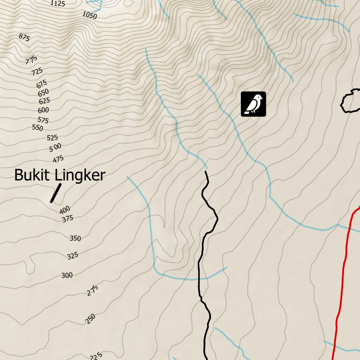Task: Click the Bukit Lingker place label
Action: (x=60, y=175)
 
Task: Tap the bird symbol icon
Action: (x=254, y=104)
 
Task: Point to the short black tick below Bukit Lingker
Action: (x=56, y=193)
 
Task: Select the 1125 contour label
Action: (x=58, y=3)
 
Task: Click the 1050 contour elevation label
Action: (x=89, y=15)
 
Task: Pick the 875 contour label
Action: (x=24, y=37)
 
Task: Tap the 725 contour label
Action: (x=37, y=72)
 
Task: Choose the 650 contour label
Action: (x=43, y=93)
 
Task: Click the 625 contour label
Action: (x=44, y=101)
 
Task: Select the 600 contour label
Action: (x=43, y=110)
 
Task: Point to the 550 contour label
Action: (x=37, y=128)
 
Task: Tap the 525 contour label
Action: (x=52, y=138)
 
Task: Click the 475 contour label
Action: (x=58, y=159)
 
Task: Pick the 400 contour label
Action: (x=65, y=209)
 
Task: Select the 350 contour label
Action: (x=75, y=238)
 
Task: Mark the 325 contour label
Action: (x=72, y=256)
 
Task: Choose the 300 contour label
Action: (x=67, y=275)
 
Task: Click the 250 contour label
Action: (x=90, y=319)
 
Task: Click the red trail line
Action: (x=345, y=267)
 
